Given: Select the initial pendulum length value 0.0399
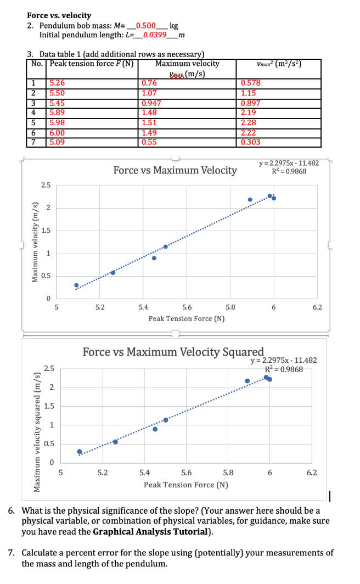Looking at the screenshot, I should (x=153, y=35).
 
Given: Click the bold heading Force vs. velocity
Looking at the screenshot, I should (x=59, y=16).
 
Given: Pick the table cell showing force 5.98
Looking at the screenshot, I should (x=58, y=122).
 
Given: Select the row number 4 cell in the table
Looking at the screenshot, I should (x=33, y=113).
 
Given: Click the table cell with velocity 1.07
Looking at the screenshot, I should (x=149, y=93).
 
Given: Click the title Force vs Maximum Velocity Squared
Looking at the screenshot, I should (x=173, y=351).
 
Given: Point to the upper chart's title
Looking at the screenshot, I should (x=175, y=170).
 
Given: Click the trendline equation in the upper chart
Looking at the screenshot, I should (x=288, y=164).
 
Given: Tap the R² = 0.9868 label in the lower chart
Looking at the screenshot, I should (x=284, y=369).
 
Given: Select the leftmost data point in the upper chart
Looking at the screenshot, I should (x=77, y=285).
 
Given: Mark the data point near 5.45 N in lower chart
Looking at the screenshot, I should (x=155, y=429).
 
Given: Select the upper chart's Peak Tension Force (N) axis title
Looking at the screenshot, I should (x=186, y=318).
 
